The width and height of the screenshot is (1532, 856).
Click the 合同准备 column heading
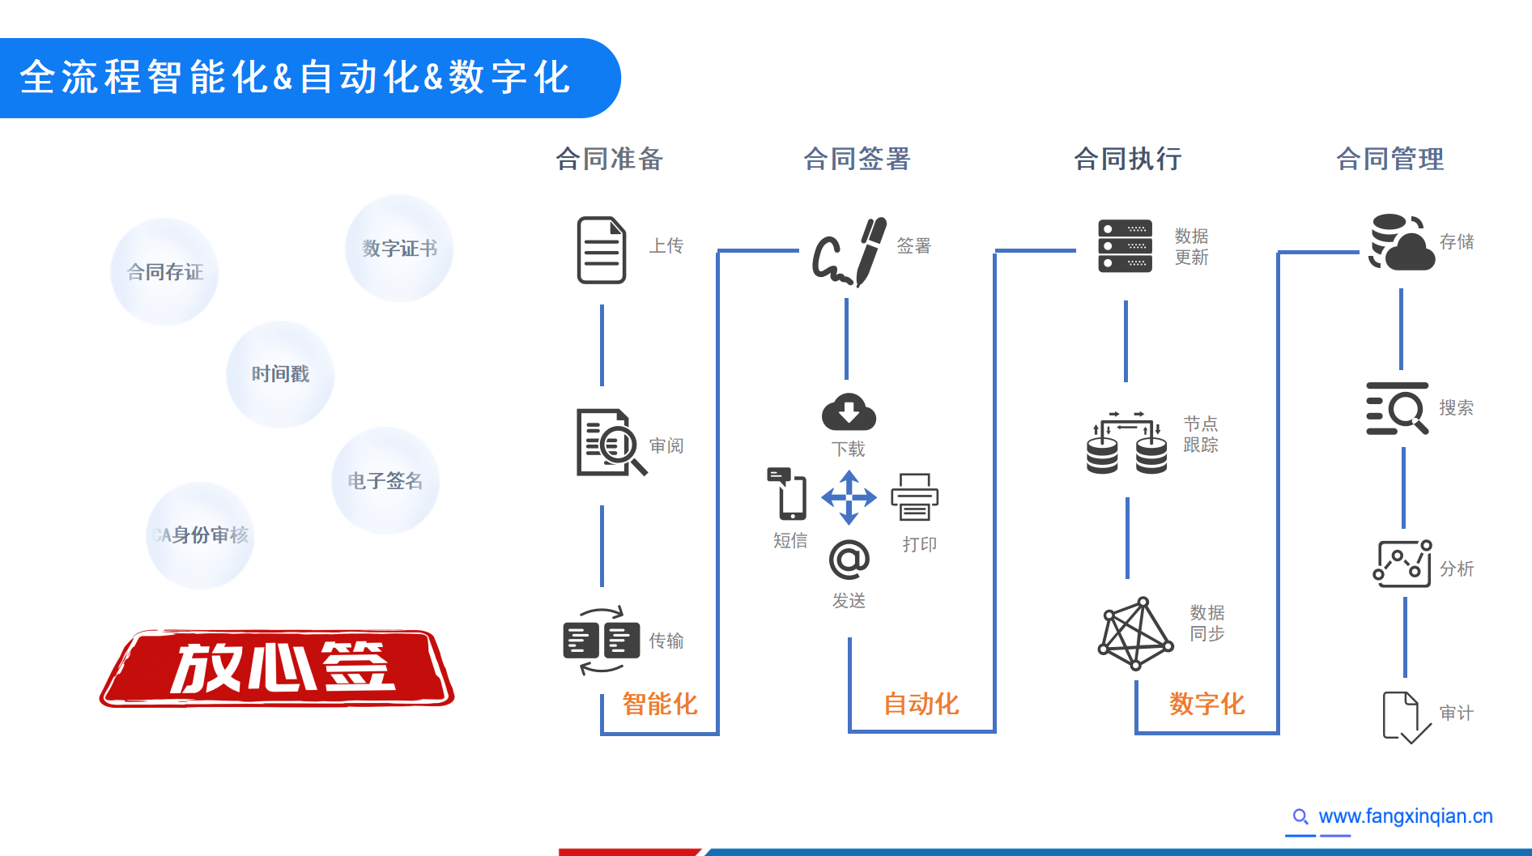610,159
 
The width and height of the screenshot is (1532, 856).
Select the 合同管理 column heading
1389,159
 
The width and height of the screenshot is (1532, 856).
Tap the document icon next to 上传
602,249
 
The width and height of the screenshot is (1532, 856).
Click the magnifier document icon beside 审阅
610,442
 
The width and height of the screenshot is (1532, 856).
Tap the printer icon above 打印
914,497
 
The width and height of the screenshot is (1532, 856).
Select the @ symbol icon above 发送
849,560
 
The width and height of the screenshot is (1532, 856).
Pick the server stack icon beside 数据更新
1125,246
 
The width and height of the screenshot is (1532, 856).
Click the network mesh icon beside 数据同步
1135,634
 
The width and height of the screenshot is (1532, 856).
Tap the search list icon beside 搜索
1397,409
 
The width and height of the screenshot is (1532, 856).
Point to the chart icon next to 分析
1402,564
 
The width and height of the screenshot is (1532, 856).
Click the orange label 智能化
660,704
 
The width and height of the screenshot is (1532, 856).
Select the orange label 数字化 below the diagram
1206,704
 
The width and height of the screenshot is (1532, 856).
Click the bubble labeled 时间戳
280,374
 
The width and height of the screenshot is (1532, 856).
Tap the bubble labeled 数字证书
399,248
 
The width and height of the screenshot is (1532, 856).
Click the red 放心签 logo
277,668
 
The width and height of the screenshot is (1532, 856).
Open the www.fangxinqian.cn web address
1405,816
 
